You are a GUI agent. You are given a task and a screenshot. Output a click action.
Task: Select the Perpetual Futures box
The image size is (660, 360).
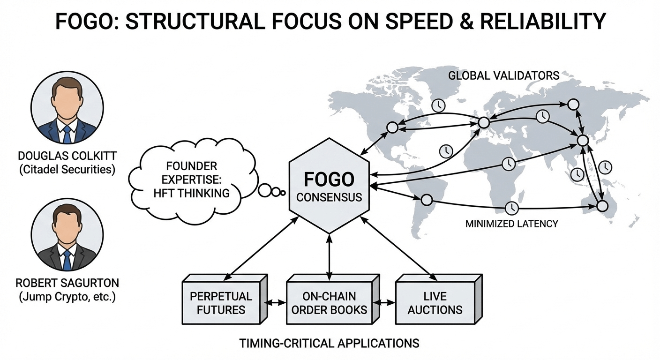(221, 303)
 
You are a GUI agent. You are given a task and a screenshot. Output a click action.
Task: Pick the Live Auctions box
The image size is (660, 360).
(435, 303)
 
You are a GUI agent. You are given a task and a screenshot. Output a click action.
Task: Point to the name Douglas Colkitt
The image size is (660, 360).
(67, 155)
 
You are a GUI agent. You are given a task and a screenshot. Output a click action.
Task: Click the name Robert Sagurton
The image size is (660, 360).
(67, 283)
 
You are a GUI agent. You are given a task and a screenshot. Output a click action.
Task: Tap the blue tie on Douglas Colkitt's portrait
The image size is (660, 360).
(67, 134)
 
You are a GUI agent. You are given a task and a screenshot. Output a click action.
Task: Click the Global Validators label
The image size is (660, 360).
(504, 75)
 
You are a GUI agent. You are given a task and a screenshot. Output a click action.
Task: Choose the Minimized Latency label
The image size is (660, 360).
(511, 224)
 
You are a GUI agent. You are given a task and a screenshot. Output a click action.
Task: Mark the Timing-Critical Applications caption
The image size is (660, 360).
(329, 343)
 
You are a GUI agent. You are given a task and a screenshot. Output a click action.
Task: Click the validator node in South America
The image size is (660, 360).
(426, 200)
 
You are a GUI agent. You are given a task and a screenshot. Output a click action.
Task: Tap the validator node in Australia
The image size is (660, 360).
(602, 206)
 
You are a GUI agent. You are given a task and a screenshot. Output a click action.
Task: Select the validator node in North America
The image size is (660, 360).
(392, 127)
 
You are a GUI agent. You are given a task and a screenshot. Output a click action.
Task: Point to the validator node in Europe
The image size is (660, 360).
(484, 122)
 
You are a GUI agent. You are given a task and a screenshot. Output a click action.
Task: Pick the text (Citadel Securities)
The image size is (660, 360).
(67, 169)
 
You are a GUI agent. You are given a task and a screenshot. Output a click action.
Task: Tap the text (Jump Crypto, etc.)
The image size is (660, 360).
(67, 297)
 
